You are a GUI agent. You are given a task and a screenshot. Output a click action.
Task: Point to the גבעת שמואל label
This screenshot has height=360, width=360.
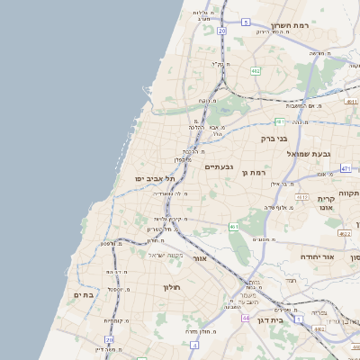tap(292, 154)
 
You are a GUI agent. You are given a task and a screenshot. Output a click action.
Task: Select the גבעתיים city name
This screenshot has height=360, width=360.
tap(220, 167)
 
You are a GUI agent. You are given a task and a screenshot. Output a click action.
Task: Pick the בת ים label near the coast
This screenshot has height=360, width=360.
tap(84, 294)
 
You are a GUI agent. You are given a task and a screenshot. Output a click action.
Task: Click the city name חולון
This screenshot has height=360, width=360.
tap(172, 287)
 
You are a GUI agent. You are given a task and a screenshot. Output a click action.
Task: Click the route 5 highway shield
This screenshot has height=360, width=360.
tap(246, 22)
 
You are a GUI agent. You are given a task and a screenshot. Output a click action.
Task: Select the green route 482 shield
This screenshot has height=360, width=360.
tap(256, 70)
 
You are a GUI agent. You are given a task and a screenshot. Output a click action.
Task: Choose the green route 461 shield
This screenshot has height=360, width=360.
tap(234, 226)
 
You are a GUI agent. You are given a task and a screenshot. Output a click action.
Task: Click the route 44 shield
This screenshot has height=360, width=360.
tap(245, 318)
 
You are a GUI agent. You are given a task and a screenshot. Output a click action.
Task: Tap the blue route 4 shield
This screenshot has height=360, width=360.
tap(194, 344)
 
